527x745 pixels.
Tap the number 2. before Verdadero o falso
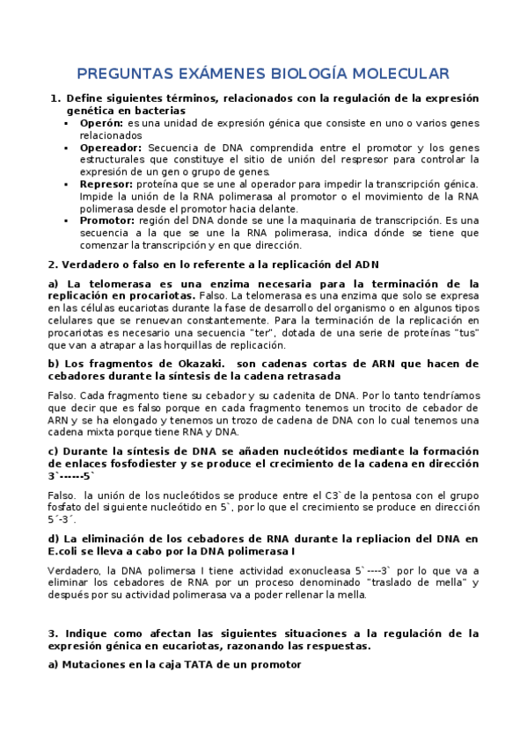click(x=53, y=264)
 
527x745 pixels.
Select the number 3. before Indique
click(x=53, y=633)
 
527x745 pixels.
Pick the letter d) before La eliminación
click(x=54, y=539)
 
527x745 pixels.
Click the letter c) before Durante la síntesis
click(x=53, y=451)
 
